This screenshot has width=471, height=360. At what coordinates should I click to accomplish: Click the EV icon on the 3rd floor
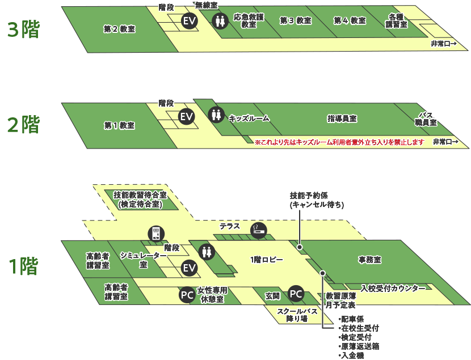tap(189, 21)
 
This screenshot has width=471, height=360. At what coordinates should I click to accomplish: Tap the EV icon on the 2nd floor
tap(187, 117)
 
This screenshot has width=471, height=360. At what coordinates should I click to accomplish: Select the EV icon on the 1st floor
tap(189, 268)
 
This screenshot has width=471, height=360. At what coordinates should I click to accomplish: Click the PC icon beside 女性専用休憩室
tap(187, 294)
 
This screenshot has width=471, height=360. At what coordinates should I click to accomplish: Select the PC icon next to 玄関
tap(296, 294)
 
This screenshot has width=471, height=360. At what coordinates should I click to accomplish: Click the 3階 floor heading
tap(23, 29)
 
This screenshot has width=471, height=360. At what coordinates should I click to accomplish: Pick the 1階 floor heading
tap(23, 265)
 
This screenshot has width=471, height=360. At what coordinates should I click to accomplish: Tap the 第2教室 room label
tap(120, 28)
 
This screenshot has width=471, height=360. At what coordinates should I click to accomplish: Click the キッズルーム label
tap(249, 118)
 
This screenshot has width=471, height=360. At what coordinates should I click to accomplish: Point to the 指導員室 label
tap(342, 118)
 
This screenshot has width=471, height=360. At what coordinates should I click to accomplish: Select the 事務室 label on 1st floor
tap(369, 260)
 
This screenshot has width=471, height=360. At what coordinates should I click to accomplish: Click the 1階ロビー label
tap(267, 260)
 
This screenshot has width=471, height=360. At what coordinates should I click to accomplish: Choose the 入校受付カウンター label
tap(393, 289)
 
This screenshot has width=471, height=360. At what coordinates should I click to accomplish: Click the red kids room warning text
tap(339, 142)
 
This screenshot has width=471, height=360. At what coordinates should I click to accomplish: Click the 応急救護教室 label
tap(249, 21)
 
